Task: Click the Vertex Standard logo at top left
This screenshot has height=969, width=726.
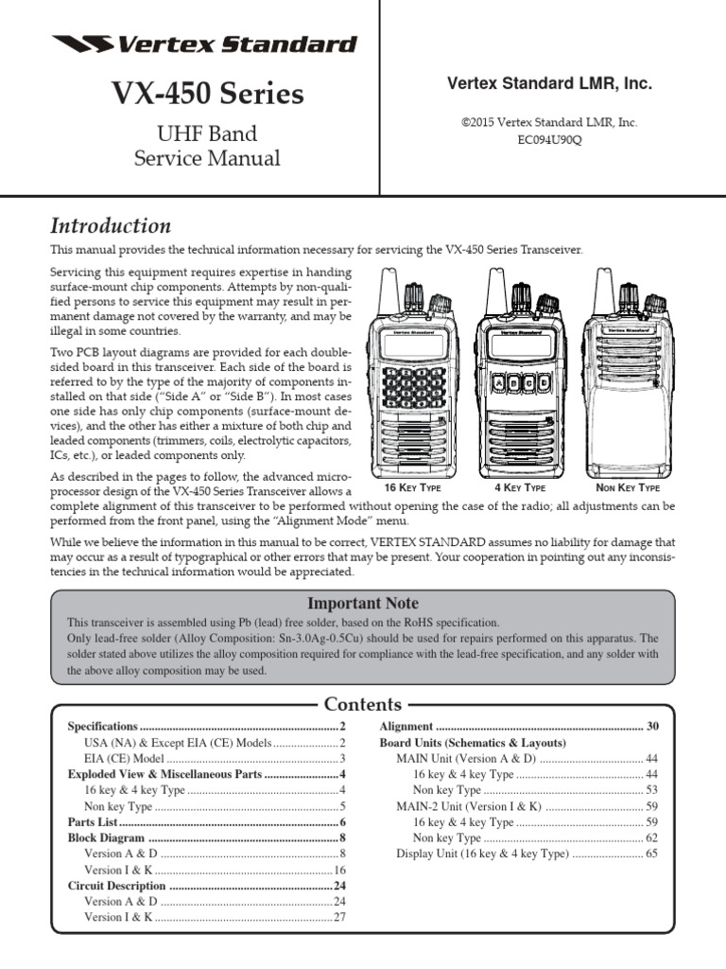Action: pos(204,44)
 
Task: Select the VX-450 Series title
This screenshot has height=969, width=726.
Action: pos(207,94)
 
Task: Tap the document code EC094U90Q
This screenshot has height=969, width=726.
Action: pos(549,138)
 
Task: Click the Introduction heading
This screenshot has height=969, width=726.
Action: pos(110,225)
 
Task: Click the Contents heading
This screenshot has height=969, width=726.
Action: pos(363,704)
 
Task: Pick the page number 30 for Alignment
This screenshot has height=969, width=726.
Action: pos(652,726)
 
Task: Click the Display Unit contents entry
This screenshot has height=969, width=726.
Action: pos(482,854)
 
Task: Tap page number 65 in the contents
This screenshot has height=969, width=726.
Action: pos(651,854)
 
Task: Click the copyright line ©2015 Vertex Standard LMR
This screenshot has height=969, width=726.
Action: pos(549,122)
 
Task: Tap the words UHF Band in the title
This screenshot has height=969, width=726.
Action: pos(207,133)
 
